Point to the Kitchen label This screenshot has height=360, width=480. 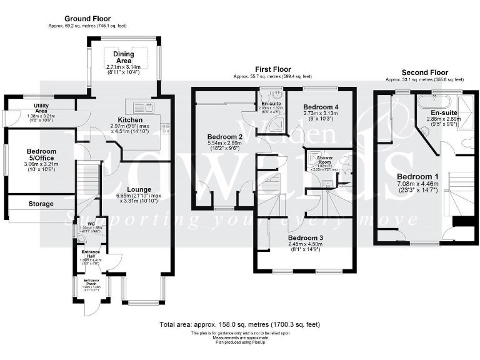[x=131, y=119]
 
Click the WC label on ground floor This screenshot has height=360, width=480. [x=91, y=223]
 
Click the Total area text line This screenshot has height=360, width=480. [x=240, y=325]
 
